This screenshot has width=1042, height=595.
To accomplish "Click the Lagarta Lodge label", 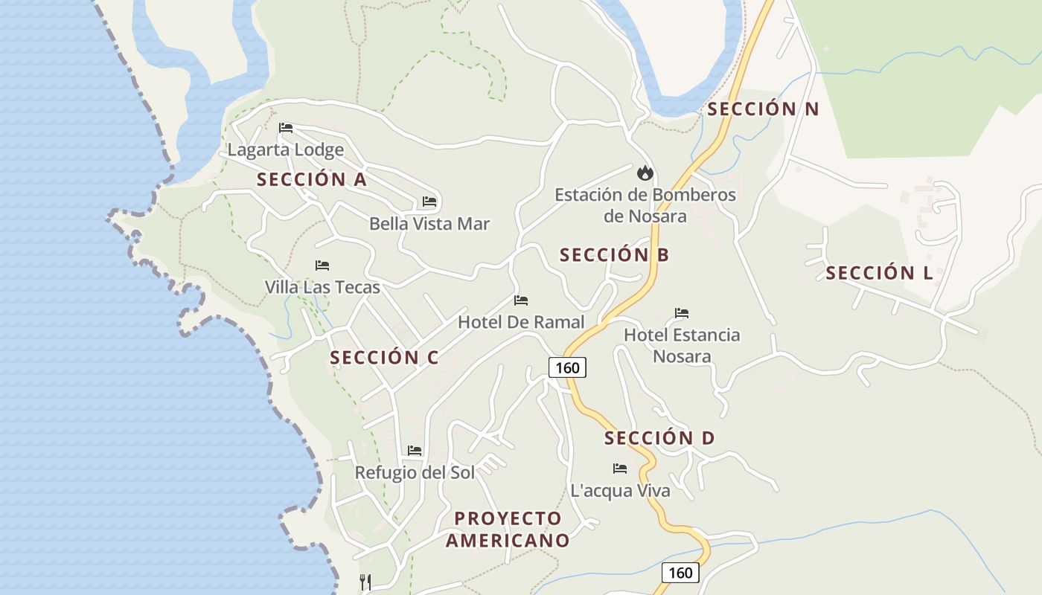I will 286,149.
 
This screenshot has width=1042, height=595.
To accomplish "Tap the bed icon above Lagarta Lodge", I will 286,127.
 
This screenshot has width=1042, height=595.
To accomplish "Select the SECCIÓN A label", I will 312,179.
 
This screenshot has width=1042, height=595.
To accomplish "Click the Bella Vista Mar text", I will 429,224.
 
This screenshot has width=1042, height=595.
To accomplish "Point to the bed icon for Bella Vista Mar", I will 429,202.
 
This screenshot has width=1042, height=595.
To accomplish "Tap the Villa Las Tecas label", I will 322,287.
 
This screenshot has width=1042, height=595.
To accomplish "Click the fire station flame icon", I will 645,173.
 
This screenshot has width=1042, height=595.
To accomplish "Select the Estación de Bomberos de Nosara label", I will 645,205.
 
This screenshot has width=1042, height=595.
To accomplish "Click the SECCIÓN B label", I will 614,255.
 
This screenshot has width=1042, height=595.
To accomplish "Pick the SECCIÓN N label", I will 763,109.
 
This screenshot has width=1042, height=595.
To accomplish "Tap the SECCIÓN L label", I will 879,273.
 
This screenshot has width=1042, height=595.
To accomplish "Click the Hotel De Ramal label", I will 521,322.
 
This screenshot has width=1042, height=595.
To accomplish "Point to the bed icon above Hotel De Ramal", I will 521,300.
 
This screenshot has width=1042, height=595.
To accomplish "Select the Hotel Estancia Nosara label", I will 682,345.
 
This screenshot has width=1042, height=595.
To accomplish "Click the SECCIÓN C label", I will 384,358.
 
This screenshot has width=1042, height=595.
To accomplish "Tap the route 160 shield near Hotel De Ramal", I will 567,367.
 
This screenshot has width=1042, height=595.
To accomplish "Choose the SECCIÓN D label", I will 659,438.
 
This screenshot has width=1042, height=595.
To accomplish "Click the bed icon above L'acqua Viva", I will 620,469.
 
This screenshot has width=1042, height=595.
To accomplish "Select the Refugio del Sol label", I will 415,472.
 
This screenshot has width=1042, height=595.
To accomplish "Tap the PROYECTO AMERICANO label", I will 508,529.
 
